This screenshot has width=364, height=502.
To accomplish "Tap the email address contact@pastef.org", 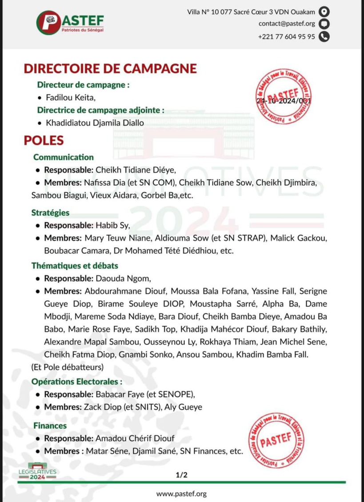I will coord(288,24).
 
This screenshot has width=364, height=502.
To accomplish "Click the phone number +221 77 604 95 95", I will coord(286,36).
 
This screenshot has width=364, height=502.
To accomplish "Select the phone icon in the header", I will coord(325,36).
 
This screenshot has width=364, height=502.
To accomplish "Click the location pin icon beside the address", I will coord(325,12).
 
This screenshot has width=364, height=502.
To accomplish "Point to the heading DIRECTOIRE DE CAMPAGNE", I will coord(110,69).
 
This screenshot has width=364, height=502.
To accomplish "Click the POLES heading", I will coord(44,140).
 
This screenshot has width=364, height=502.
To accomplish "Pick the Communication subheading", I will coord(64,157).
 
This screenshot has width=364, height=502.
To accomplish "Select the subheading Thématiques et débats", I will coord(74,266).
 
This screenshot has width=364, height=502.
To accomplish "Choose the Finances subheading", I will coord(50,426).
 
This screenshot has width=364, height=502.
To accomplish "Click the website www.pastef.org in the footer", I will coord(181,494).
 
